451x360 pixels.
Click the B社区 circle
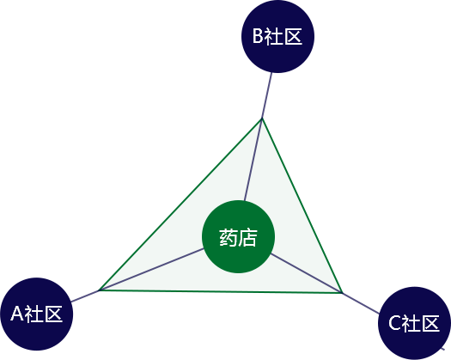pyautogui.click(x=277, y=36)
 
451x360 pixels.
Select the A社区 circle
pyautogui.click(x=37, y=314)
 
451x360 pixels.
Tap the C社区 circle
pyautogui.click(x=414, y=323)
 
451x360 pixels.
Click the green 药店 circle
pyautogui.click(x=239, y=236)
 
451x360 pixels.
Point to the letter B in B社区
pyautogui.click(x=258, y=36)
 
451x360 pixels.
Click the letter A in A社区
pyautogui.click(x=16, y=314)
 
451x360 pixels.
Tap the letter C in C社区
pyautogui.click(x=394, y=323)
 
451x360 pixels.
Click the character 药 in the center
pyautogui.click(x=229, y=237)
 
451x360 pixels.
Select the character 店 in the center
pyautogui.click(x=247, y=237)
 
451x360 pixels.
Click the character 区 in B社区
pyautogui.click(x=293, y=36)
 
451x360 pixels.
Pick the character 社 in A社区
pyautogui.click(x=34, y=314)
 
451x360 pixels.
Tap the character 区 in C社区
pyautogui.click(x=430, y=323)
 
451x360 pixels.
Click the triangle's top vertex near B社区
pyautogui.click(x=262, y=119)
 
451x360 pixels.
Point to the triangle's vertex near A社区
pyautogui.click(x=99, y=290)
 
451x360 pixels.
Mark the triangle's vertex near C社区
pyautogui.click(x=342, y=293)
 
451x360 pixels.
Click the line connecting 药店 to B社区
pyautogui.click(x=258, y=137)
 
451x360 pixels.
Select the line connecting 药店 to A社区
pyautogui.click(x=137, y=276)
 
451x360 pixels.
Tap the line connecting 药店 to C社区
pyautogui.click(x=325, y=284)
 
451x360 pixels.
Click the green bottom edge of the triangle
pyautogui.click(x=221, y=292)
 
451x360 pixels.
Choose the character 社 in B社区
pyautogui.click(x=273, y=36)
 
